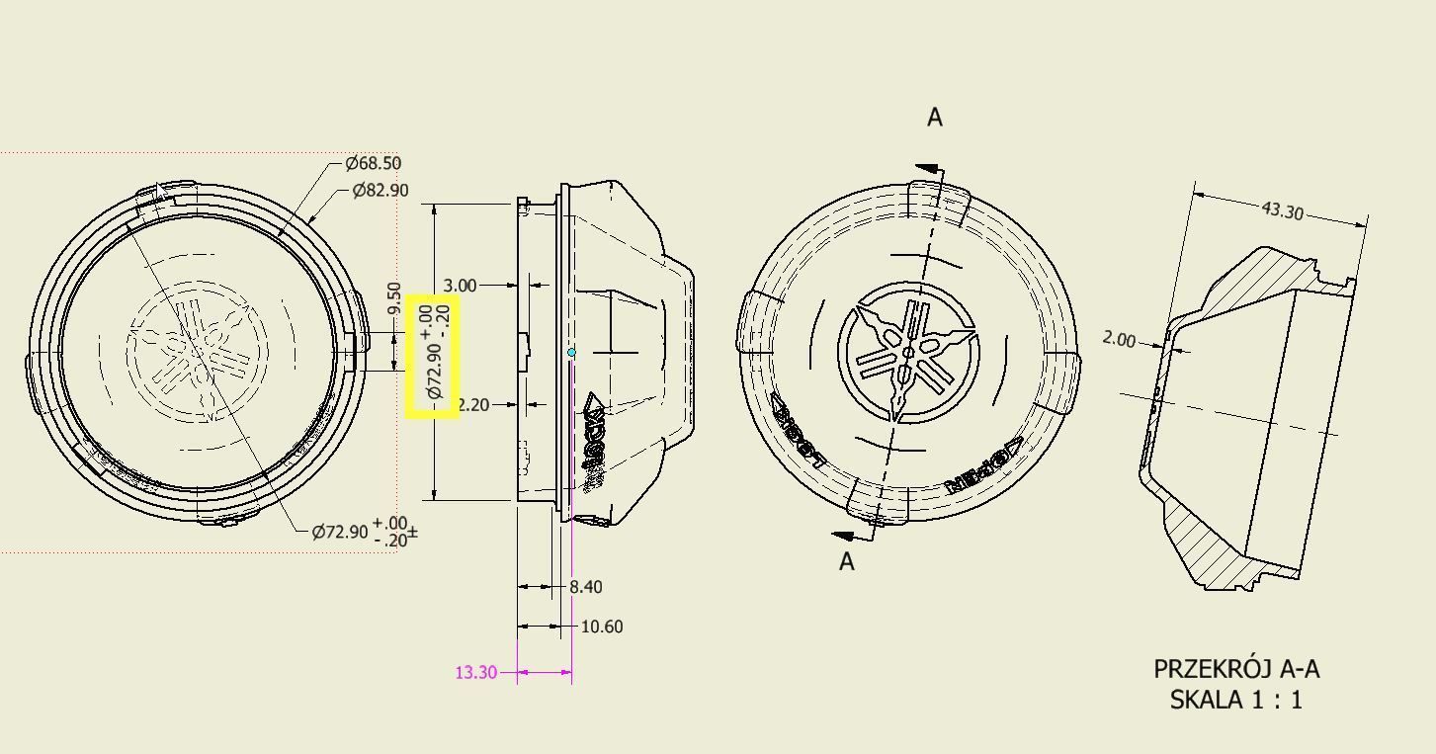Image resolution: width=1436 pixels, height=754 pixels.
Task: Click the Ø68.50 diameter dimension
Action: pyautogui.click(x=373, y=163)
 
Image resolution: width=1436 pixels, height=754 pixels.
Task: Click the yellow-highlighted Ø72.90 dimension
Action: pyautogui.click(x=433, y=356)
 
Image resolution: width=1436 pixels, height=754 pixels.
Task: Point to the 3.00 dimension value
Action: pyautogui.click(x=461, y=286)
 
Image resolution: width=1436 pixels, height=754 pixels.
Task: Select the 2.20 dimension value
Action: pyautogui.click(x=474, y=404)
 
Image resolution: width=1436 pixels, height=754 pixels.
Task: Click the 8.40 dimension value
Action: pyautogui.click(x=585, y=587)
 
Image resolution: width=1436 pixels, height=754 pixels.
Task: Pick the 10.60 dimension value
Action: pyautogui.click(x=601, y=627)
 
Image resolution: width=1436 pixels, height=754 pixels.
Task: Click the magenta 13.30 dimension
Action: pyautogui.click(x=475, y=672)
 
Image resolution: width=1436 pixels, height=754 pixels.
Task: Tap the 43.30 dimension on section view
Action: pyautogui.click(x=1282, y=209)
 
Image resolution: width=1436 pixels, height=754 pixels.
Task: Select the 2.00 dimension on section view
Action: pyautogui.click(x=1119, y=339)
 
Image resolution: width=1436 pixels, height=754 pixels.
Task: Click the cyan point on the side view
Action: pyautogui.click(x=571, y=352)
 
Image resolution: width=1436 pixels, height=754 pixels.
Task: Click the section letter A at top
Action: pyautogui.click(x=934, y=118)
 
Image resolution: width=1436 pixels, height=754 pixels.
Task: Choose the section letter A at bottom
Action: pyautogui.click(x=846, y=561)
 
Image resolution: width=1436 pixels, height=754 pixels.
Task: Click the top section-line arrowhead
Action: pyautogui.click(x=926, y=170)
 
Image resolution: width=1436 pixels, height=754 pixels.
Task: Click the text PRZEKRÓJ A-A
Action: pyautogui.click(x=1235, y=669)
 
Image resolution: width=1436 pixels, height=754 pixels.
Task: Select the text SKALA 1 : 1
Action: pyautogui.click(x=1235, y=700)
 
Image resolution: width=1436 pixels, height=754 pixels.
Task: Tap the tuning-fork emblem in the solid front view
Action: pyautogui.click(x=908, y=353)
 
